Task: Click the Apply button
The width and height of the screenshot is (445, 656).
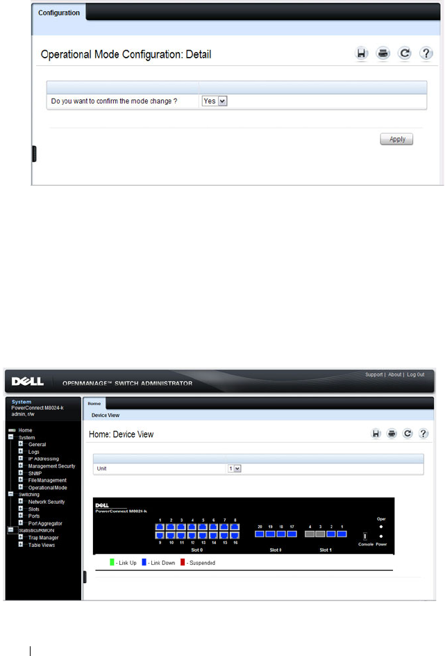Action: [x=396, y=139]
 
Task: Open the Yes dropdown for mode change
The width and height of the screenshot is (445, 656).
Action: [x=215, y=101]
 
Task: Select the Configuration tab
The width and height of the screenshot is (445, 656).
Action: [x=59, y=13]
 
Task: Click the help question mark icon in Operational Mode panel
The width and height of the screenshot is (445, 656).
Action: [x=426, y=54]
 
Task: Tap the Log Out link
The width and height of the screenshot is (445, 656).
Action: [x=416, y=375]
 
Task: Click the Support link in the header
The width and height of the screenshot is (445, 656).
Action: [x=374, y=375]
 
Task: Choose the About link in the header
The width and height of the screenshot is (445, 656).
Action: [x=395, y=375]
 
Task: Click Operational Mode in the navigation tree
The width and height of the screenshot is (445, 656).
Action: [x=48, y=488]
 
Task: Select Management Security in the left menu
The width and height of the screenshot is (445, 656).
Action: [x=52, y=466]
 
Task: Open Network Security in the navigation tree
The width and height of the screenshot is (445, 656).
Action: [x=47, y=502]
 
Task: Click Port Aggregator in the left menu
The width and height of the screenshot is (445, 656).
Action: [x=45, y=523]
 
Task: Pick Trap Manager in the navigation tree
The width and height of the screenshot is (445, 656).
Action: [x=43, y=538]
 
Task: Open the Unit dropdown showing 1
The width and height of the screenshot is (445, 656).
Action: [x=235, y=469]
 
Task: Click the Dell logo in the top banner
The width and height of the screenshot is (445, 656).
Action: [x=28, y=382]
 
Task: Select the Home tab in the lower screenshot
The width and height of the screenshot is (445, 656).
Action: [x=94, y=403]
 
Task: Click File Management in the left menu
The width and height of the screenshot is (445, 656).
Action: [x=48, y=480]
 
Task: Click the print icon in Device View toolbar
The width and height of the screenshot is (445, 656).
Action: [x=392, y=434]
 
